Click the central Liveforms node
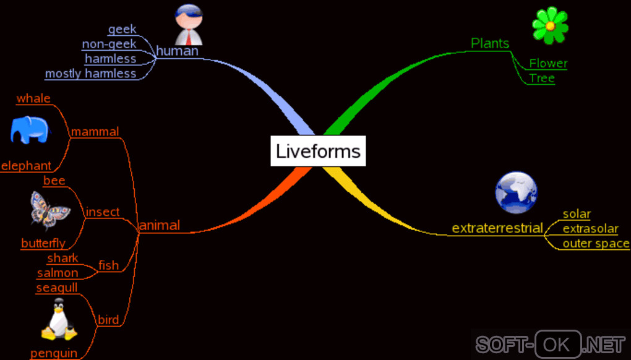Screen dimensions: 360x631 tap(318, 151)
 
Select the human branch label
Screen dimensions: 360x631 tap(177, 51)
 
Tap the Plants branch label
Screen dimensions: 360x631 tap(490, 43)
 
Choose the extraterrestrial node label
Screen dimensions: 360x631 tap(497, 228)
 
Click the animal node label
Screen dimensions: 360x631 tap(160, 225)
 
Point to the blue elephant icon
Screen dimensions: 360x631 tap(29, 130)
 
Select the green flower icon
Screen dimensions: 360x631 tap(549, 25)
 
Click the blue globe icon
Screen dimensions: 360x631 tap(516, 192)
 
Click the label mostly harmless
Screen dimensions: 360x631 tap(90, 74)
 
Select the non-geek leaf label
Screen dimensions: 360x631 tap(109, 44)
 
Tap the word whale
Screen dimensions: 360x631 tap(33, 98)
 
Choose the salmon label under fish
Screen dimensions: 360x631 tap(58, 273)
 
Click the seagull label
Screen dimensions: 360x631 tap(57, 288)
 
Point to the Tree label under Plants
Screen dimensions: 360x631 tap(542, 79)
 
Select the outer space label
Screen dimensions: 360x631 tap(596, 243)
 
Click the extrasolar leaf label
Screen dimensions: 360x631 tap(590, 229)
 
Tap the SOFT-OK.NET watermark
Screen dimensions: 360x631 tap(550, 343)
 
